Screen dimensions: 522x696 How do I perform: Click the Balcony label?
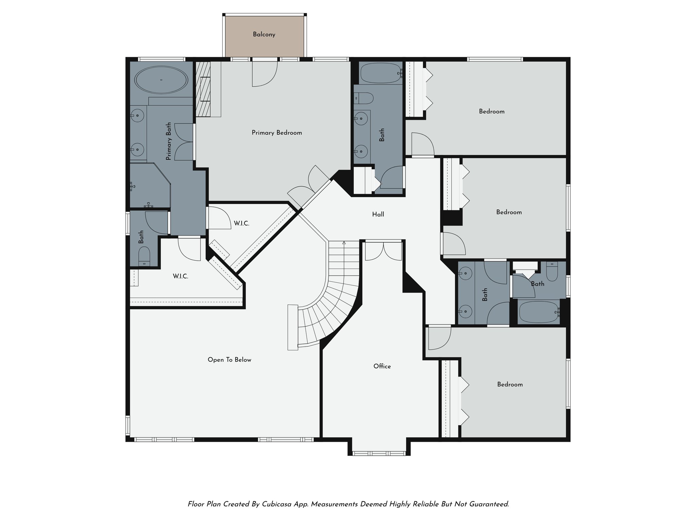tap(264, 34)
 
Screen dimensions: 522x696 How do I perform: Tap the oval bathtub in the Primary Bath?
tap(161, 80)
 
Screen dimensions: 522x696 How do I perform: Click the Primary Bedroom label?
tap(277, 133)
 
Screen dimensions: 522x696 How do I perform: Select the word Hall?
tap(378, 214)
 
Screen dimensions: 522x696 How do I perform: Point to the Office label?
tap(382, 366)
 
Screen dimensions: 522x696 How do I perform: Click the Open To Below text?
tap(229, 360)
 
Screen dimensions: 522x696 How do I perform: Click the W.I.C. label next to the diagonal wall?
tap(241, 224)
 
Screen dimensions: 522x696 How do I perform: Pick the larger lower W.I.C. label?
tap(180, 276)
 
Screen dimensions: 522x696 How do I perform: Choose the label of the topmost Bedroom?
tap(491, 111)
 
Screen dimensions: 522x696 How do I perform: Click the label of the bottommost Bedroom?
tap(509, 384)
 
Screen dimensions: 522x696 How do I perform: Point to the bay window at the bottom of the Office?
tap(379, 453)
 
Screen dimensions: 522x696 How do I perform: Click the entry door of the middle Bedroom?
tap(453, 244)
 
